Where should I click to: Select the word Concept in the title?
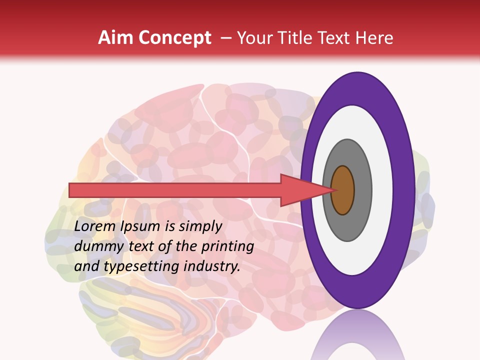click(x=174, y=38)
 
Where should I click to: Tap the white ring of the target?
click(x=382, y=190)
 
